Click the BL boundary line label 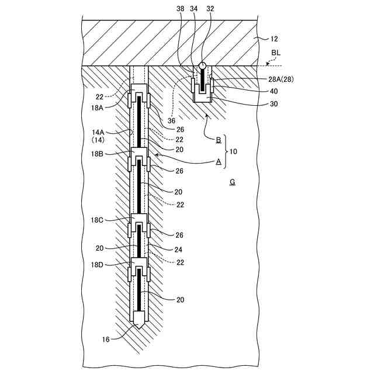tap(276, 52)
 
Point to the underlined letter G tap(232, 182)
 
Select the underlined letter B tap(218, 140)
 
